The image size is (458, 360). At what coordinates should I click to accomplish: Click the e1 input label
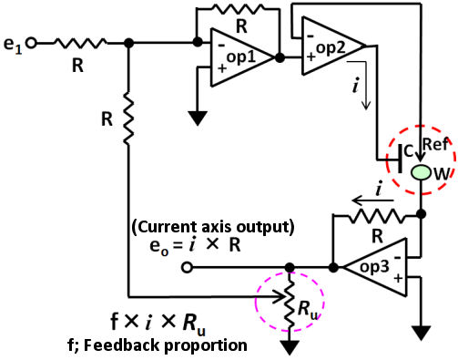tap(14, 42)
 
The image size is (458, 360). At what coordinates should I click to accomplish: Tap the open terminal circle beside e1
tap(33, 42)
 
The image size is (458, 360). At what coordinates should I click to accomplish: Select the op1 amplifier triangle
tap(235, 57)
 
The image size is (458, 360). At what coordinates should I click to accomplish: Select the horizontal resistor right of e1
tap(80, 42)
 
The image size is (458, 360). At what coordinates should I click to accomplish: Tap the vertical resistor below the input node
tap(129, 118)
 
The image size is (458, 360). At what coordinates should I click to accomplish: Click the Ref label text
tap(433, 145)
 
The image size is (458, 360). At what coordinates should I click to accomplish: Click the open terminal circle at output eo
tap(188, 268)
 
